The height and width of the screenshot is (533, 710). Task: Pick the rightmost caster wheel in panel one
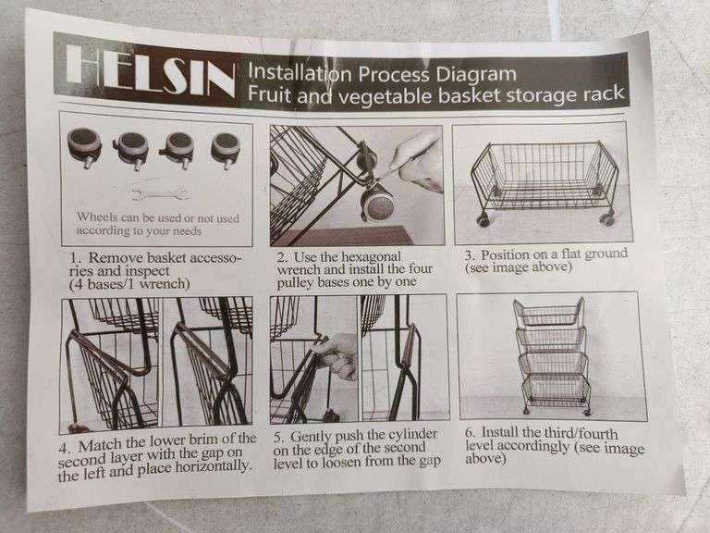tap(226, 149)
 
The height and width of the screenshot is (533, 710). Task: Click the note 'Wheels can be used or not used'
tap(153, 217)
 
